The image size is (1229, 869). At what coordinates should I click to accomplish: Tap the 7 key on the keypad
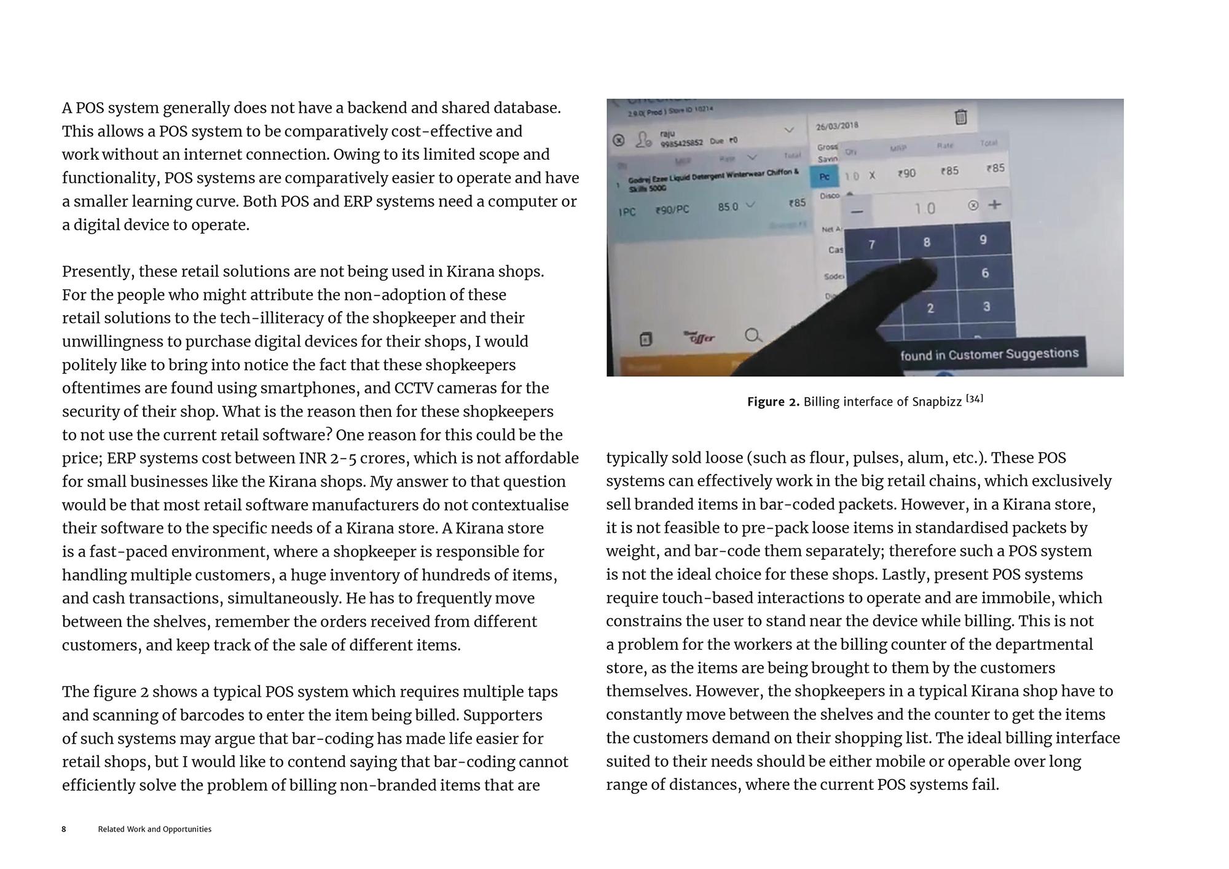click(x=871, y=245)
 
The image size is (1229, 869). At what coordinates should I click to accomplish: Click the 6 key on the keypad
click(x=985, y=273)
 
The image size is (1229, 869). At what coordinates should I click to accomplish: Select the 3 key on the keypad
click(x=986, y=307)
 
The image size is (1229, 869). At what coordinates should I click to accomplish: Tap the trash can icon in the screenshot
click(x=961, y=116)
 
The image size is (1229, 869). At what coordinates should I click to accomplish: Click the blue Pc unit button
click(x=825, y=177)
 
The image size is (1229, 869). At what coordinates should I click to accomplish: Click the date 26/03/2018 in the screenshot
click(x=837, y=126)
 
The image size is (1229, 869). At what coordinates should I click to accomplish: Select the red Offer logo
click(x=699, y=337)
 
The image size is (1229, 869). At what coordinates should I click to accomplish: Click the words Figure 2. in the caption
click(x=773, y=402)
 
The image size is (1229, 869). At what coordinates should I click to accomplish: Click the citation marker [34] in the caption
click(x=975, y=399)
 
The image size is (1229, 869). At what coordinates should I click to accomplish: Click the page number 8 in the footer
click(x=64, y=829)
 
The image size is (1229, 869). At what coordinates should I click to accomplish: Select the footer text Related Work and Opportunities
click(x=155, y=829)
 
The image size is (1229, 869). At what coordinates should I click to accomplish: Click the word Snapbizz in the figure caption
click(x=936, y=402)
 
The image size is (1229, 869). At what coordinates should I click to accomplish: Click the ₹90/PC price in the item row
click(x=672, y=210)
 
